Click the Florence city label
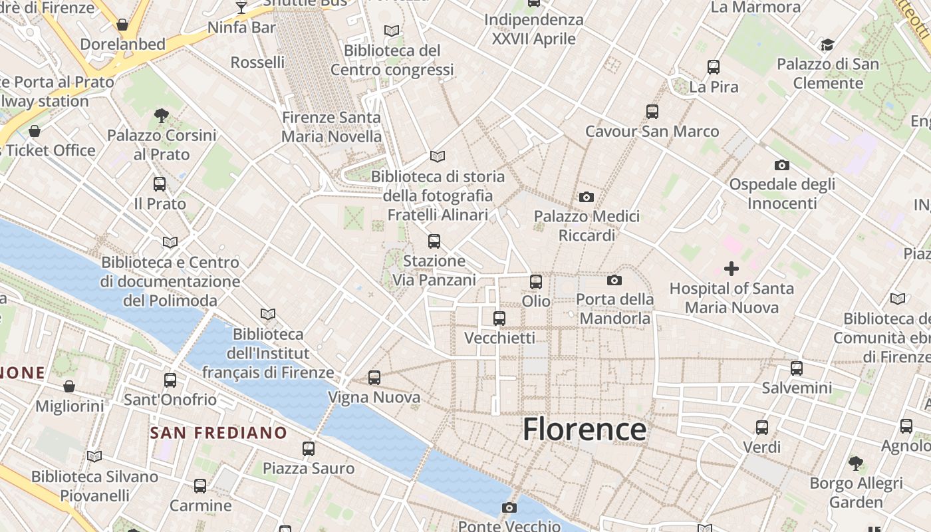584,429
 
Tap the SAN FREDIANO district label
218,433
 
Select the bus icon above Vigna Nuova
374,378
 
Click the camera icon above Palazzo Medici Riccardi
586,197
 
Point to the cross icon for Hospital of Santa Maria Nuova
731,269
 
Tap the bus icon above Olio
536,282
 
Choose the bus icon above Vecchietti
499,319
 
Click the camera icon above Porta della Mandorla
614,280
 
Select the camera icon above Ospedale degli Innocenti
781,165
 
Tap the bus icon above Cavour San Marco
652,112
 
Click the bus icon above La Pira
714,67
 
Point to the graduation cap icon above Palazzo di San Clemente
827,45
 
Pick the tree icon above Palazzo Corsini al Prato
161,116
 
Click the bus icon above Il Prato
160,184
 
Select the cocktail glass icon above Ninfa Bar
241,8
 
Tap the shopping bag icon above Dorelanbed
122,25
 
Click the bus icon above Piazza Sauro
308,449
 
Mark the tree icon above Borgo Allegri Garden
856,464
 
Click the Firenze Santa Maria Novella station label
331,127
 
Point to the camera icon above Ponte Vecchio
509,508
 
